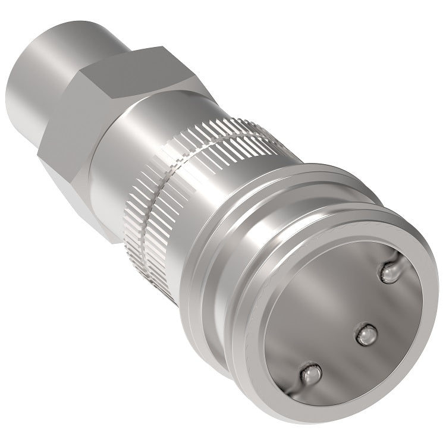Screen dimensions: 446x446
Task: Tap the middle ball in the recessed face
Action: (x=366, y=335)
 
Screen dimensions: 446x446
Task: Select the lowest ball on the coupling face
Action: (x=310, y=374)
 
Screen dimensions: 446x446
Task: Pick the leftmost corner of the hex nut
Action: (x=37, y=156)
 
